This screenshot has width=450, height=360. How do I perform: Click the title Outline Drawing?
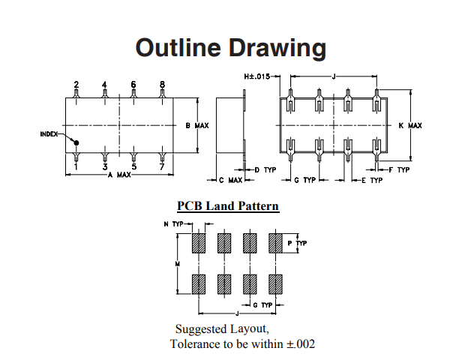tap(230, 49)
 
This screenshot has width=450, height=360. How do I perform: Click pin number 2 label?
tap(76, 84)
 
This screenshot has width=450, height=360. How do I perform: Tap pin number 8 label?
tap(162, 84)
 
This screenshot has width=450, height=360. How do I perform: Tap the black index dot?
tap(76, 142)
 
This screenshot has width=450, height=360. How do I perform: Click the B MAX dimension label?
tap(196, 125)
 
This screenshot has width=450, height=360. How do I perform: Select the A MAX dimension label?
tap(120, 175)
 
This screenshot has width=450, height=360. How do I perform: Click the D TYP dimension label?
tap(266, 170)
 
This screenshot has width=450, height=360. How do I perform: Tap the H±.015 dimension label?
tap(256, 76)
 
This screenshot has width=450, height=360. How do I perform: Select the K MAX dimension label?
tap(411, 125)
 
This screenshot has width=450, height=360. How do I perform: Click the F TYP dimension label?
tap(400, 170)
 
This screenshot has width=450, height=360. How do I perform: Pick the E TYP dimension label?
tap(372, 181)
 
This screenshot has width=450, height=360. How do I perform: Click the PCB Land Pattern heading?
tap(228, 205)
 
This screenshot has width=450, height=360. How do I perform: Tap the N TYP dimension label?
tap(173, 223)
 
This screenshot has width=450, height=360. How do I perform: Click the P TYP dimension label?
tap(298, 244)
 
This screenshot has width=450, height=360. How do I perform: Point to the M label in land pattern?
tap(178, 264)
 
